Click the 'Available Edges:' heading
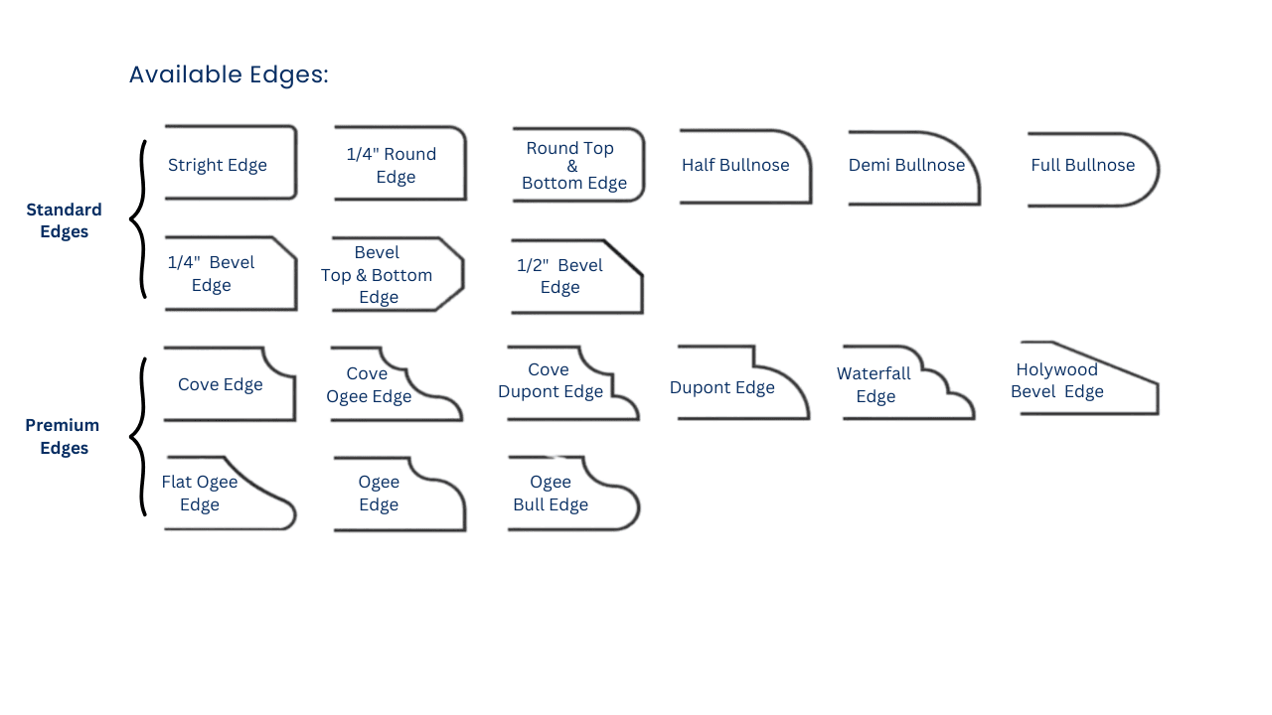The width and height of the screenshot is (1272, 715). pyautogui.click(x=229, y=74)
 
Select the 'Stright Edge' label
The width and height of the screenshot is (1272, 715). pyautogui.click(x=218, y=165)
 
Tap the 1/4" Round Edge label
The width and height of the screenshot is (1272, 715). pyautogui.click(x=392, y=166)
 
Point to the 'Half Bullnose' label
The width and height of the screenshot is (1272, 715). pyautogui.click(x=735, y=165)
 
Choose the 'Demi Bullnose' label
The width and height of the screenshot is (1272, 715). pyautogui.click(x=906, y=165)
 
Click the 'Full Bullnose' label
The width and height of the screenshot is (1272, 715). pyautogui.click(x=1082, y=165)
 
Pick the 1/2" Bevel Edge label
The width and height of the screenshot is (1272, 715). pyautogui.click(x=559, y=276)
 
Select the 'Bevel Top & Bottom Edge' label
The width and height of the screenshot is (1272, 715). pyautogui.click(x=377, y=275)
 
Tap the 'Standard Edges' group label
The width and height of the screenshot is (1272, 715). pyautogui.click(x=64, y=220)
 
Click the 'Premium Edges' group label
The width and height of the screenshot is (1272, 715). pyautogui.click(x=64, y=437)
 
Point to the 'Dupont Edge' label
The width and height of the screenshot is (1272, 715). pyautogui.click(x=721, y=387)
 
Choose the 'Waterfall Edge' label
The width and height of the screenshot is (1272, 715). pyautogui.click(x=874, y=385)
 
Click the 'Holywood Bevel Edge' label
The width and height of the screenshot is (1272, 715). pyautogui.click(x=1056, y=380)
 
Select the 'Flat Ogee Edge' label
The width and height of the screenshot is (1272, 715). pyautogui.click(x=200, y=494)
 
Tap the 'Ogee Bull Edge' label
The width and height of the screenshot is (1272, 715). pyautogui.click(x=551, y=494)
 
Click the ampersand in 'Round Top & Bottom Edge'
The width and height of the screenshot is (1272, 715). pyautogui.click(x=572, y=166)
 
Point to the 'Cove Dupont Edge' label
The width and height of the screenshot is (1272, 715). pyautogui.click(x=550, y=380)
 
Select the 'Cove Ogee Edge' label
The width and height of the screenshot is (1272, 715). pyautogui.click(x=368, y=385)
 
